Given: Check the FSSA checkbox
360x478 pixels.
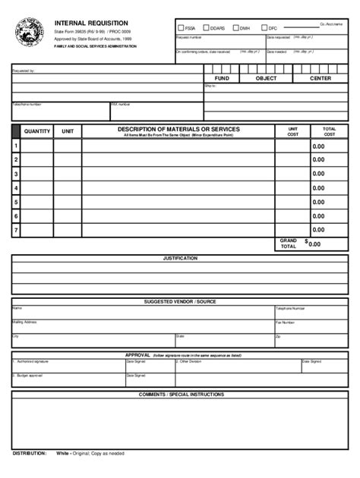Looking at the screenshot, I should [180, 28].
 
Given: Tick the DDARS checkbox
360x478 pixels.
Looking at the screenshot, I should [207, 28].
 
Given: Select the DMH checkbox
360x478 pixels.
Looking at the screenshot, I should [235, 28].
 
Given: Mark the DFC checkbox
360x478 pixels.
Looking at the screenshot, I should [263, 28].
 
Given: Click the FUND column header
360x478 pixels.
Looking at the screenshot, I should [222, 78].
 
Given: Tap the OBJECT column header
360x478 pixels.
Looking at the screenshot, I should [266, 78].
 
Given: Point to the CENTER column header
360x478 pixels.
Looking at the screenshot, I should [321, 78].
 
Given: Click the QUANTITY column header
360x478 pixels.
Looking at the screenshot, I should [37, 131].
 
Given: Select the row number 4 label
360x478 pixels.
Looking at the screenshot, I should [15, 187].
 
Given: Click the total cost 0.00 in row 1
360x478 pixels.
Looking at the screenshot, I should [317, 146].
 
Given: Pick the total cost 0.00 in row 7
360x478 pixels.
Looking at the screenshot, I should [317, 229].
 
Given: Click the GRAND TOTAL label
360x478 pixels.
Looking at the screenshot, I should [289, 244].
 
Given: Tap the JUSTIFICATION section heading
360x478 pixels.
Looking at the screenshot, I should [180, 258].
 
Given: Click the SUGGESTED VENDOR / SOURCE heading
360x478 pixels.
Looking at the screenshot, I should [180, 302].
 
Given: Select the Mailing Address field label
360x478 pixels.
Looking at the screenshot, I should [24, 322].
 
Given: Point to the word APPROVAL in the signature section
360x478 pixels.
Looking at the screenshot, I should [137, 354].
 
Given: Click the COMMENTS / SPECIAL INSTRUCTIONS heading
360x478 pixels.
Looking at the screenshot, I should [181, 395].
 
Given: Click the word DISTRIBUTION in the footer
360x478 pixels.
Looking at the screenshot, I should [29, 453].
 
